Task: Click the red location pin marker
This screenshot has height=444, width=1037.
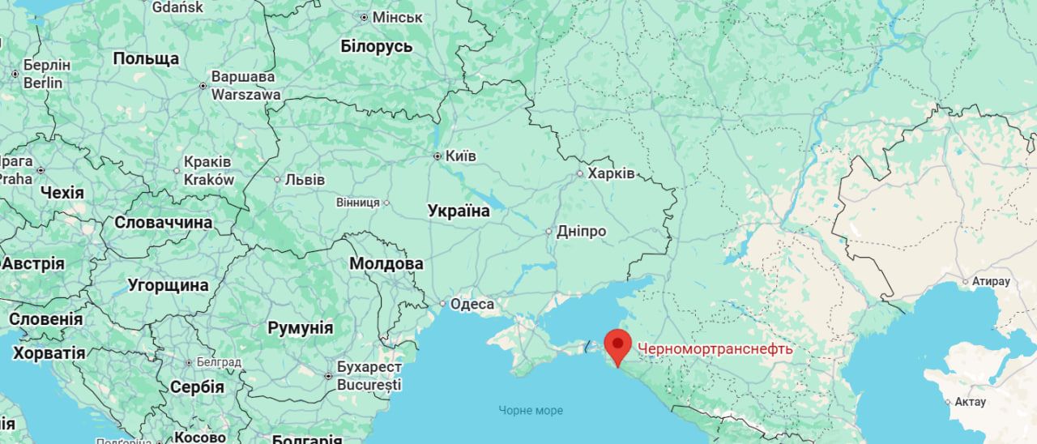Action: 617,346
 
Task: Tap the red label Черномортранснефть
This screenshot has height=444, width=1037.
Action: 715,349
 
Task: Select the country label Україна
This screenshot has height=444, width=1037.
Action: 459,211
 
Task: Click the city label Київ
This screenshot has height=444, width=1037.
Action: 461,156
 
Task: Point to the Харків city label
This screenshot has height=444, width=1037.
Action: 611,173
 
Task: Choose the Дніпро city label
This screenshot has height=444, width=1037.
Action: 581,232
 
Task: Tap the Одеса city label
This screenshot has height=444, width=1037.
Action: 472,304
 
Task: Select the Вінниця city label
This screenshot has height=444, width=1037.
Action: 358,203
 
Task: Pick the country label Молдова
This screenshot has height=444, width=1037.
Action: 386,263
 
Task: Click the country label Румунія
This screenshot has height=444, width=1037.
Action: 301,328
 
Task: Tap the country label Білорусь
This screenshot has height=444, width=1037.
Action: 377,46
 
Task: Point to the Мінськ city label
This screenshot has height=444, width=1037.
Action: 397,17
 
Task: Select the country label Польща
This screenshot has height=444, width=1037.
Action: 146,58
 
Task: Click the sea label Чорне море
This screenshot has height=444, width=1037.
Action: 531,410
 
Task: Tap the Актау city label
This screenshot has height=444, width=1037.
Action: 970,402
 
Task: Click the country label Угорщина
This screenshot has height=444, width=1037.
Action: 169,285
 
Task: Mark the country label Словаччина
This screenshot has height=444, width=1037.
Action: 164,222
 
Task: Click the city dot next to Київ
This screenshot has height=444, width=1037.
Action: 437,156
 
